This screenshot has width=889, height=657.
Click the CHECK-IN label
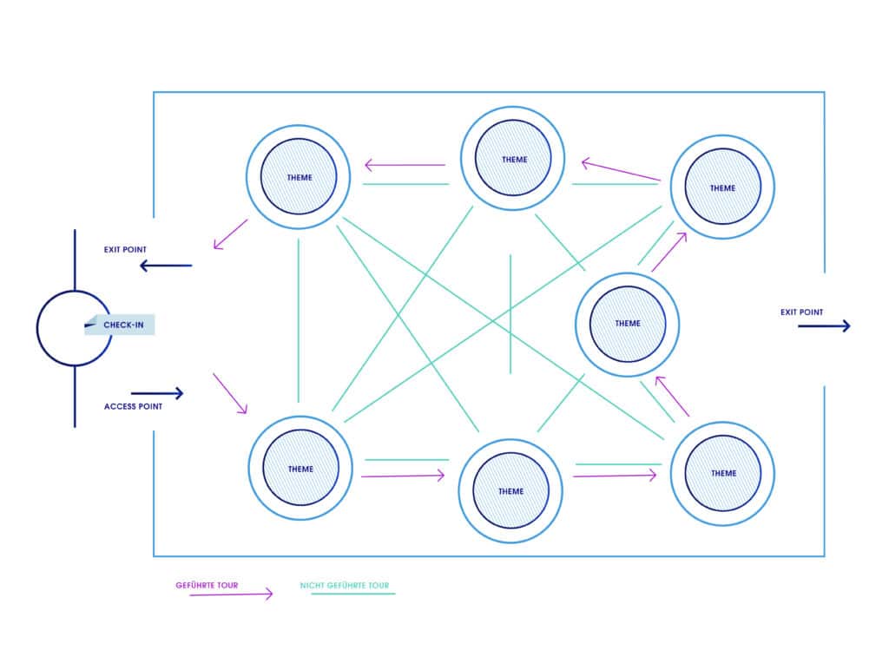(123, 325)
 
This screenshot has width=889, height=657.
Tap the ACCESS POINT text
(133, 406)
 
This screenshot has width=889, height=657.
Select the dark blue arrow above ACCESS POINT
(157, 393)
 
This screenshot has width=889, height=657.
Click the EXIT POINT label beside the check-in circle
(125, 249)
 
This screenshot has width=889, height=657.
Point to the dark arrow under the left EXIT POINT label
(166, 266)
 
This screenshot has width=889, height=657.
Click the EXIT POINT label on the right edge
(801, 312)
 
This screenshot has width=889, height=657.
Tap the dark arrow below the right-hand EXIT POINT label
(824, 326)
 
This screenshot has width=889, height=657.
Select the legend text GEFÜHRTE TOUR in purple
(207, 585)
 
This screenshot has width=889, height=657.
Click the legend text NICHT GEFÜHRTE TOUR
(345, 585)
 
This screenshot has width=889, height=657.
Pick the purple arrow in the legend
(231, 595)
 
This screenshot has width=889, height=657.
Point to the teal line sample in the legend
(352, 594)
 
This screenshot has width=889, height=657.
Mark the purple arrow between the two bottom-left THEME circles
(403, 476)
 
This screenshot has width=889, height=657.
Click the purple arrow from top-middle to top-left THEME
(405, 165)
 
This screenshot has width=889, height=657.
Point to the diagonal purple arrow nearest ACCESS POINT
(230, 393)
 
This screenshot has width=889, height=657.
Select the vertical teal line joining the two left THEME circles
(299, 320)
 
